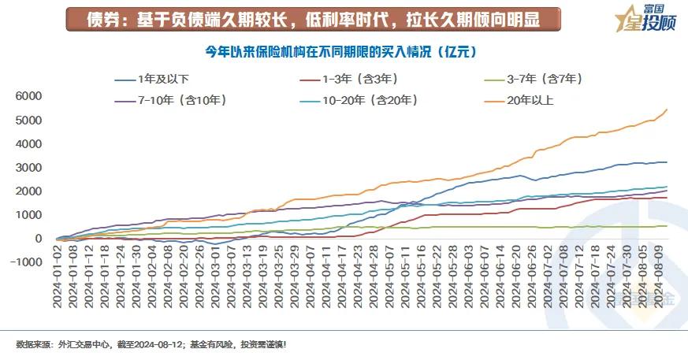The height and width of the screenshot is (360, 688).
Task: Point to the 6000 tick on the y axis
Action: (28, 96)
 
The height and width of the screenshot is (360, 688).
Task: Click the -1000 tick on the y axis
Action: (26, 262)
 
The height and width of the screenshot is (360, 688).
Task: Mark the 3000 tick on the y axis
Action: (28, 168)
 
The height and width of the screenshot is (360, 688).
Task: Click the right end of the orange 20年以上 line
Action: (667, 109)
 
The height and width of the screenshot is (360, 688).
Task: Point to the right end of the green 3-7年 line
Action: (667, 226)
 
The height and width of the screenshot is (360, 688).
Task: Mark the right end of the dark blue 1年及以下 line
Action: (667, 162)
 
